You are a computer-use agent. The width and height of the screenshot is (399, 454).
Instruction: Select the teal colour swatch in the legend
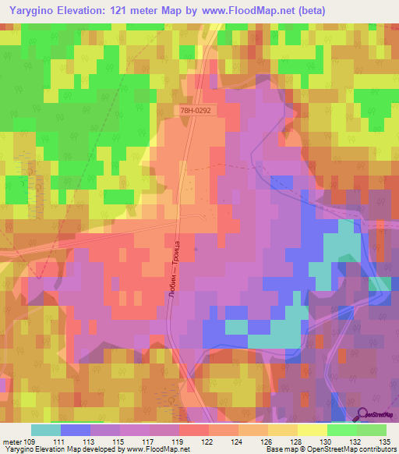(x=46, y=430)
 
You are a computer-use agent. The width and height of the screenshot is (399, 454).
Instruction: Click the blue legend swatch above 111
(x=76, y=430)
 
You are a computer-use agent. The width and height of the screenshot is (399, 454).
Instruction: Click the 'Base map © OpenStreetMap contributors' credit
(x=330, y=449)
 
